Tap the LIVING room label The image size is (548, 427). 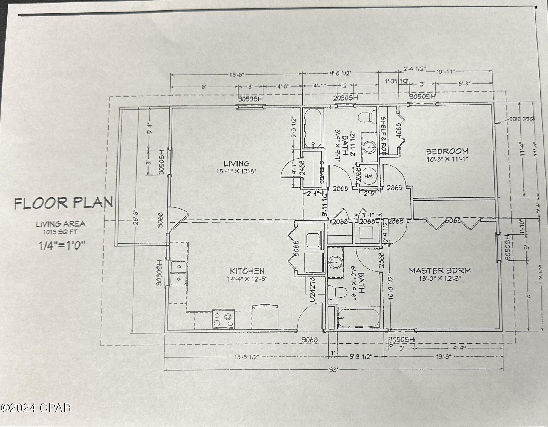(x=237, y=164)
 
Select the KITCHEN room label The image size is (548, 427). (x=247, y=271)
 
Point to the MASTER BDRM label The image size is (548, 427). (x=440, y=271)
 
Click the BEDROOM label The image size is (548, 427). (x=447, y=151)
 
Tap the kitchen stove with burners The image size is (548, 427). (x=223, y=319)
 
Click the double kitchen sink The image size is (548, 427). (x=178, y=273)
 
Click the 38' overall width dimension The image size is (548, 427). (x=333, y=370)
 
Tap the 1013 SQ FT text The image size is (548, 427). (x=60, y=232)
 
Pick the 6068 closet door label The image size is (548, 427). (x=453, y=220)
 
